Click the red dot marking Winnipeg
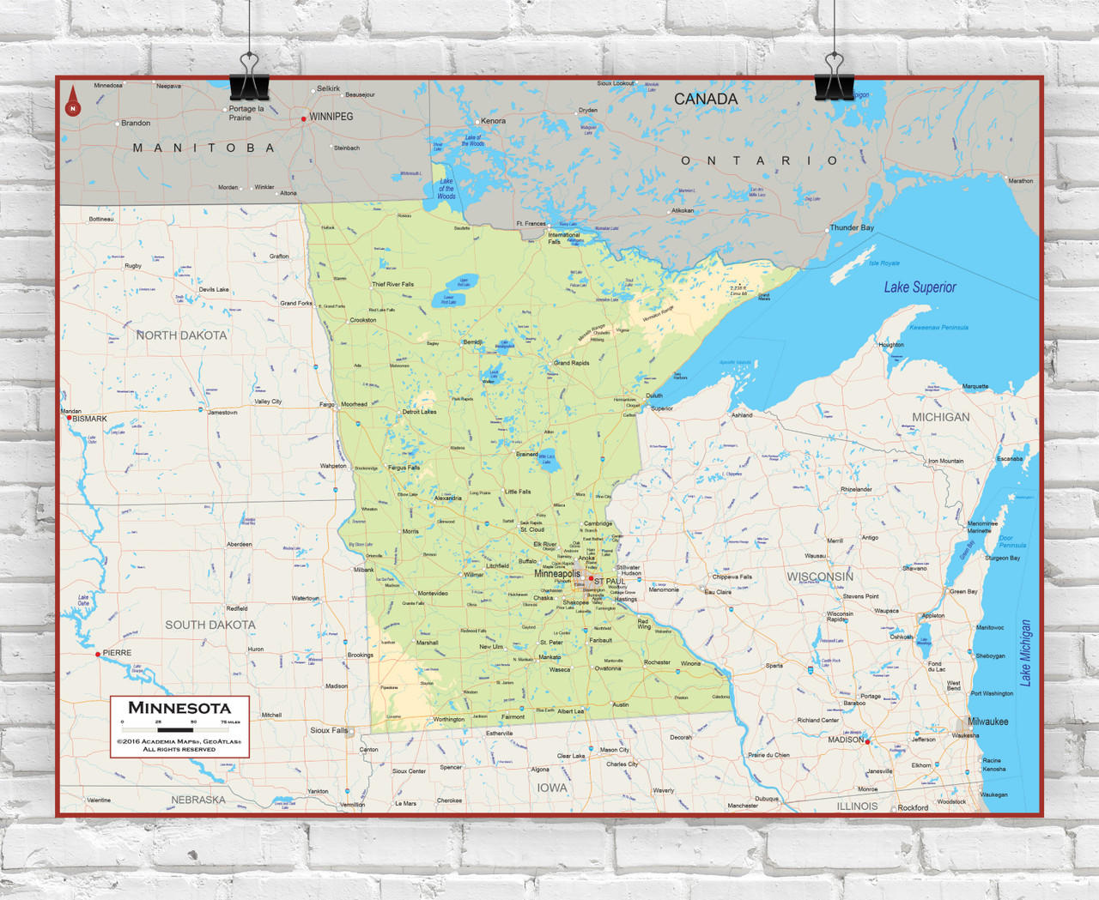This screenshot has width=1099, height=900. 304,118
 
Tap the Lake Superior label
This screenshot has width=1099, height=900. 920,287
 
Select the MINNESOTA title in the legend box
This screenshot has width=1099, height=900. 179,708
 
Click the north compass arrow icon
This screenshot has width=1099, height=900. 73,100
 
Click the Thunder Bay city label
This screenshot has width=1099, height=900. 852,227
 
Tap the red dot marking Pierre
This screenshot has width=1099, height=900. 98,654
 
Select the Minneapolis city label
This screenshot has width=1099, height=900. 557,574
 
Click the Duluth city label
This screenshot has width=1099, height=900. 654,396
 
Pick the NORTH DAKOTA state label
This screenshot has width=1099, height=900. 181,335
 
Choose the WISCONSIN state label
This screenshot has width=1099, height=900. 820,577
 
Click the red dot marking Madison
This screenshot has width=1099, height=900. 867,741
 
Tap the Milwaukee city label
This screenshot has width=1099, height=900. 988,722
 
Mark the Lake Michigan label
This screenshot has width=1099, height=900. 1025,652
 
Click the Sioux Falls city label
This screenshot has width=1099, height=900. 329,730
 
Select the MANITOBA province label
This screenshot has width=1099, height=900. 203,148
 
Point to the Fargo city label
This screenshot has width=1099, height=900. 327,404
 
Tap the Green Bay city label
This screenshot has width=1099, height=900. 962,591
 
